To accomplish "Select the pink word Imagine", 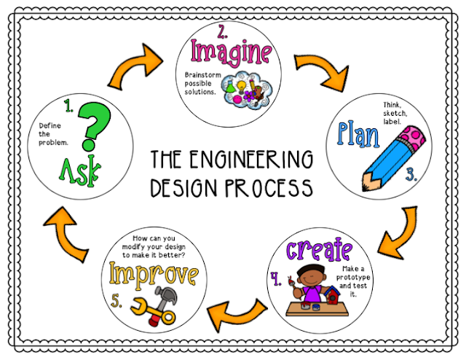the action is [x=232, y=52].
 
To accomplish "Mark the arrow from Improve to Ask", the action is [x=70, y=232].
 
